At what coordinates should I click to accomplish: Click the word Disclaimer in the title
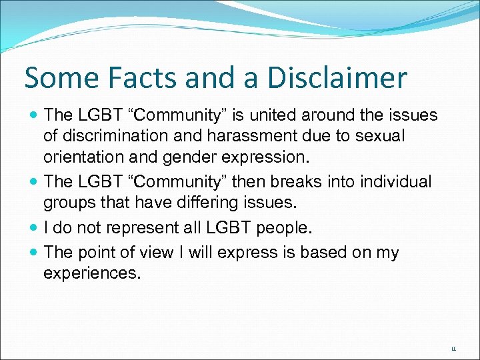tap(337, 78)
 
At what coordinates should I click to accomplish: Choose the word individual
tap(393, 181)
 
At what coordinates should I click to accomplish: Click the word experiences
tap(92, 273)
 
